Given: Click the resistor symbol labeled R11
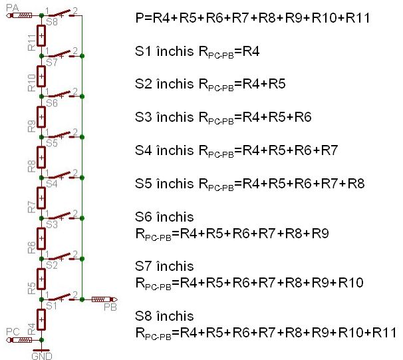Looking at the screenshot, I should click(41, 35).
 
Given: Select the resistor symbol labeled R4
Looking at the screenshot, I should click(41, 319).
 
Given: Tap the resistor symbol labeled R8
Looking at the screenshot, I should click(41, 157).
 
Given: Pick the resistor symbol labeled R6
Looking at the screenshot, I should click(41, 238).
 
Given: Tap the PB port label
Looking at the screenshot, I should click(110, 307).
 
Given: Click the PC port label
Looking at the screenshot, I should click(13, 331).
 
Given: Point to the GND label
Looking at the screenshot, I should click(41, 355).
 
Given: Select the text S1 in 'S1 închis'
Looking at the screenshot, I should click(142, 51).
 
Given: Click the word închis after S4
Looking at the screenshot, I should click(175, 150).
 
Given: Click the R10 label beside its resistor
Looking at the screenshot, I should click(31, 83).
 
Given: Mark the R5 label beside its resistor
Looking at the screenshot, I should click(31, 287).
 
